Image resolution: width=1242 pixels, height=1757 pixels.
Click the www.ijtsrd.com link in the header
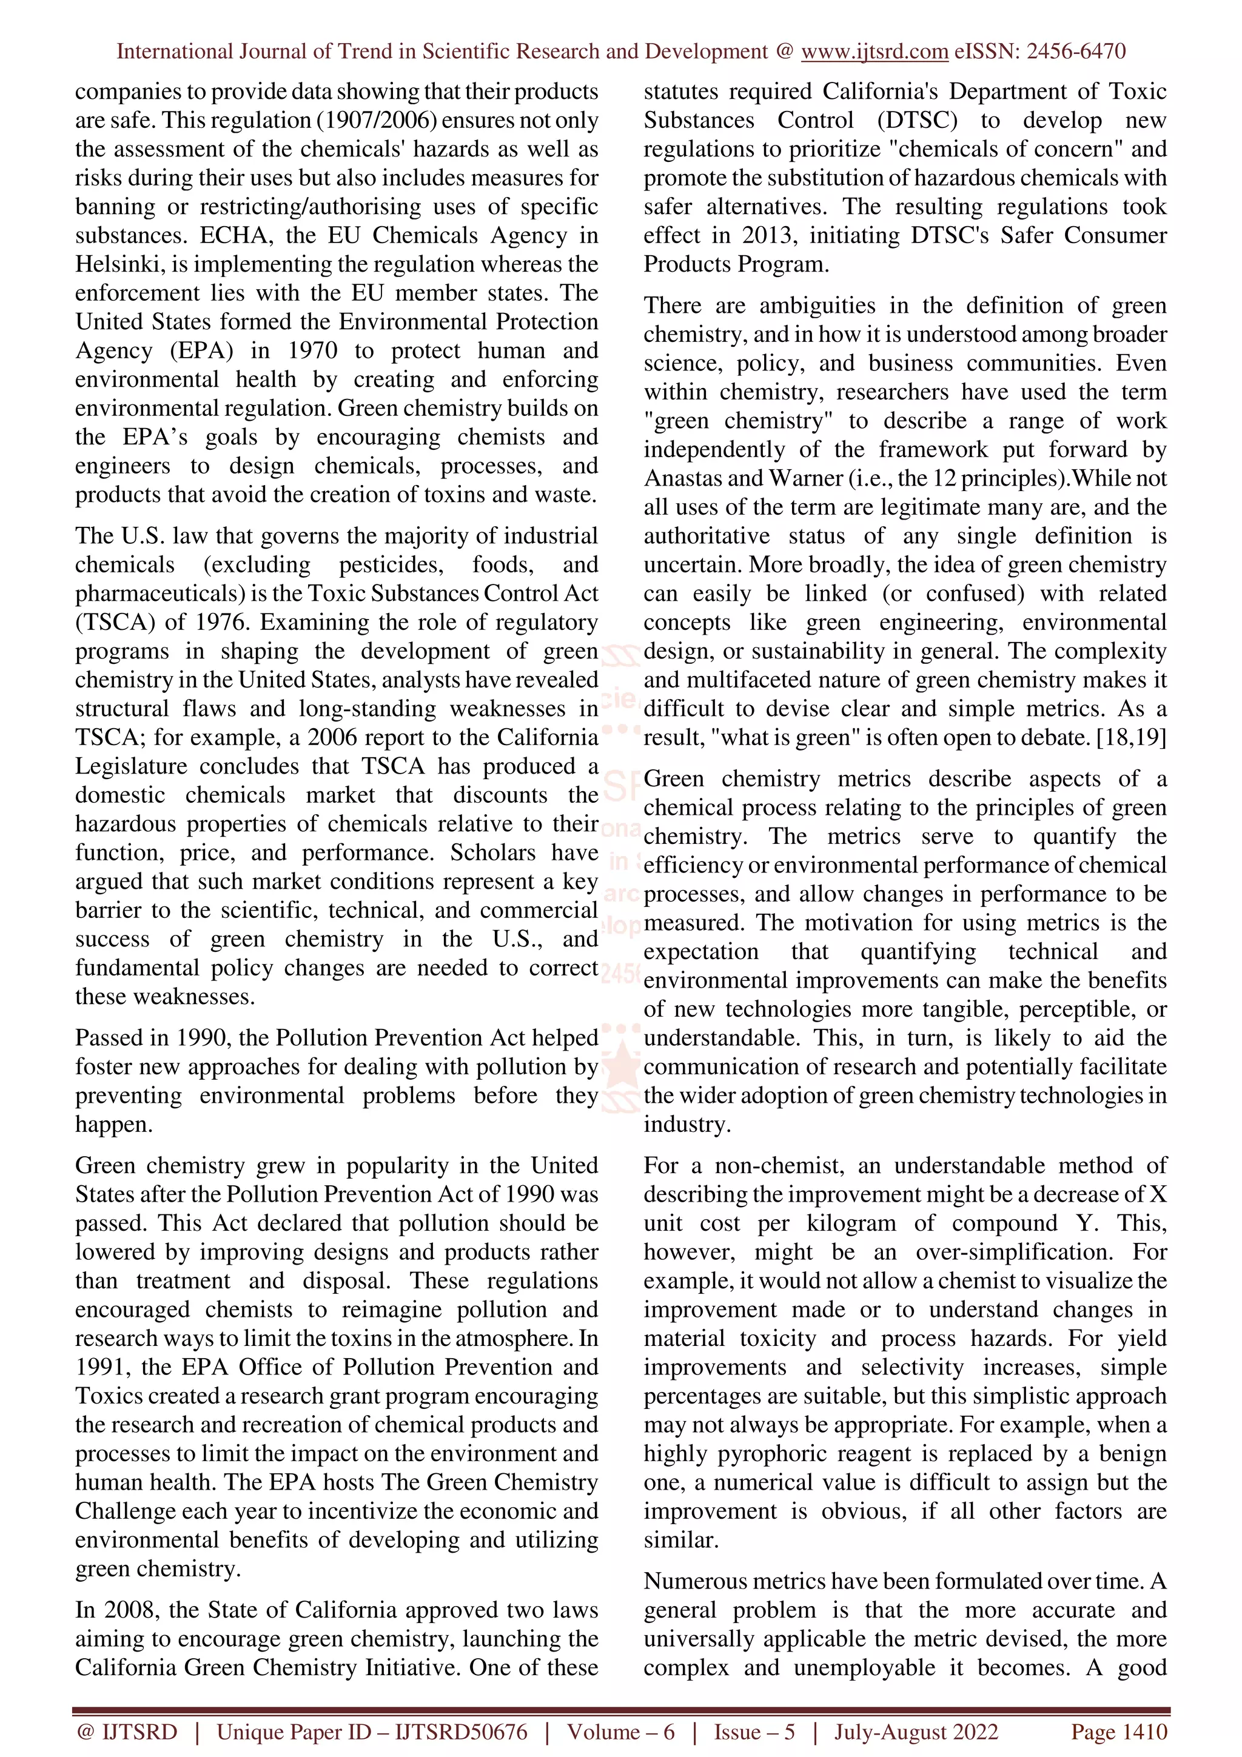pyautogui.click(x=874, y=52)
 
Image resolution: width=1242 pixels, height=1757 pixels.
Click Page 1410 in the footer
pyautogui.click(x=1119, y=1732)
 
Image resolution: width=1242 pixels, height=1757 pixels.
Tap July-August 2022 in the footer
pyautogui.click(x=916, y=1732)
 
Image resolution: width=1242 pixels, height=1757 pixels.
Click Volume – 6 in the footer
pyautogui.click(x=620, y=1732)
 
